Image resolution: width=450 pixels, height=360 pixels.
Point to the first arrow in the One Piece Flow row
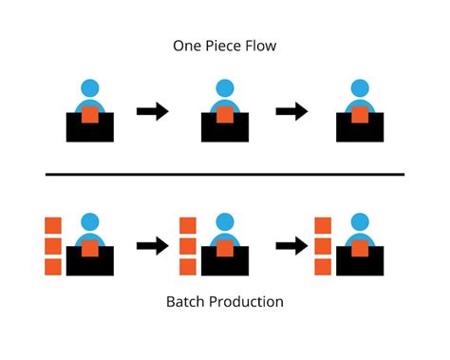pyautogui.click(x=153, y=112)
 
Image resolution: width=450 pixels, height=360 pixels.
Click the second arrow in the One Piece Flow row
pyautogui.click(x=291, y=112)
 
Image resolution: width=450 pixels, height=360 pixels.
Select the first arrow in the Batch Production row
pyautogui.click(x=153, y=247)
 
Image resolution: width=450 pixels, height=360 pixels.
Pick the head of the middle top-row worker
pyautogui.click(x=225, y=88)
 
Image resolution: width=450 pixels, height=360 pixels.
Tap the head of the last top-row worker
pyautogui.click(x=360, y=88)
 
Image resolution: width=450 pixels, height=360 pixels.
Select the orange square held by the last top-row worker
pyautogui.click(x=360, y=116)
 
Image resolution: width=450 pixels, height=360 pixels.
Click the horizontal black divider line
pyautogui.click(x=225, y=174)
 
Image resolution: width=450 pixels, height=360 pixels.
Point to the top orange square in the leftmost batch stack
pyautogui.click(x=53, y=225)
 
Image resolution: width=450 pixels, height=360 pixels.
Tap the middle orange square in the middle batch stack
pyautogui.click(x=188, y=245)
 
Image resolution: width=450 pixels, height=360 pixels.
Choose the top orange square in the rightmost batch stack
pyautogui.click(x=323, y=225)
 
